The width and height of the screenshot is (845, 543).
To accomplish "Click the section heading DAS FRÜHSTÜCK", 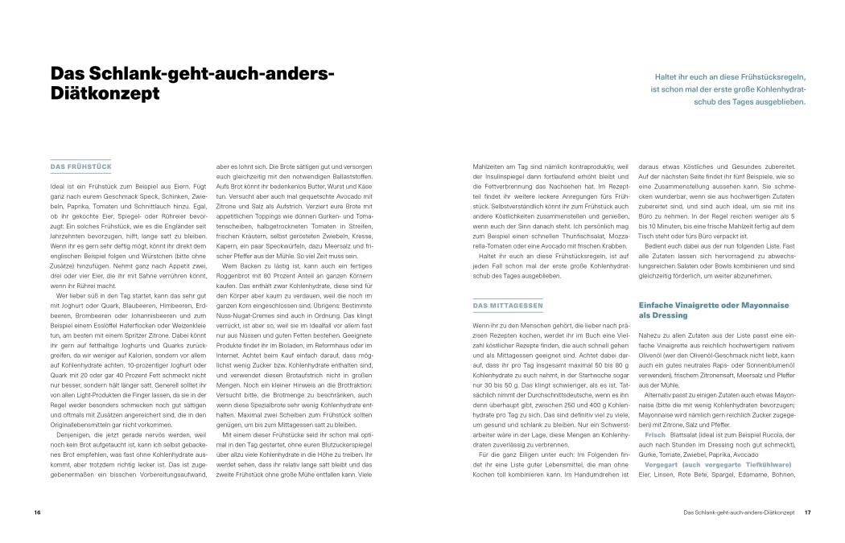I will coord(81,167).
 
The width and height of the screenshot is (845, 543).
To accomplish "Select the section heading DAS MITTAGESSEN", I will coord(508,306).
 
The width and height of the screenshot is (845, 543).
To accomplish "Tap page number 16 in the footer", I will coord(37,512).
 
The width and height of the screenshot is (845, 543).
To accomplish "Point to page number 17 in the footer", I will coord(807,512).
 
